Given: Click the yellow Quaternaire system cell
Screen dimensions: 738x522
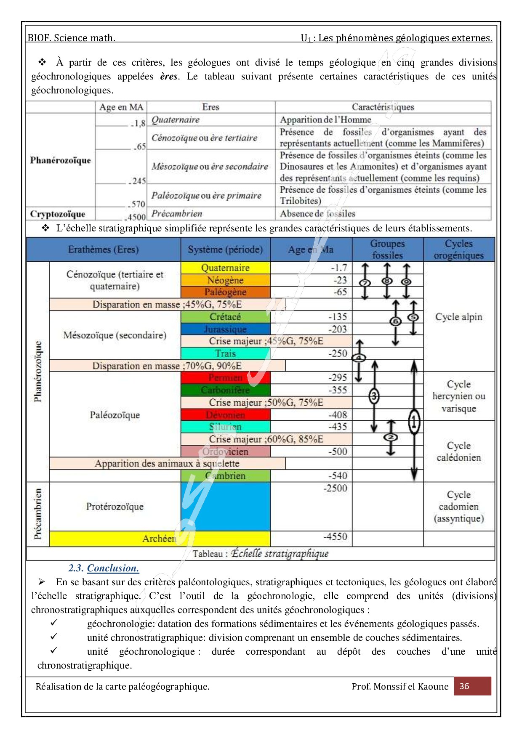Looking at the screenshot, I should tap(225, 268).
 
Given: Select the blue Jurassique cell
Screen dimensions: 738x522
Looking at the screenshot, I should tap(225, 329).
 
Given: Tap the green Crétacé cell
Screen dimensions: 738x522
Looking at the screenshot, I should tap(225, 317).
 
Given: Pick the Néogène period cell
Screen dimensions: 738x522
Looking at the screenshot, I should tap(225, 280).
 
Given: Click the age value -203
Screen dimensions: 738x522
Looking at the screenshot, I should tap(338, 329).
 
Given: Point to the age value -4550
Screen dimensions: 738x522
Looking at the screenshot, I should tap(335, 536).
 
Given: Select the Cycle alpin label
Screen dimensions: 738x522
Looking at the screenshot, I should tap(458, 317).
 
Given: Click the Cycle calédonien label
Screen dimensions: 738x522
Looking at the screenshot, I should tap(458, 451).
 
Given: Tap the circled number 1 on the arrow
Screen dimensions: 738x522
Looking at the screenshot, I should tap(414, 421).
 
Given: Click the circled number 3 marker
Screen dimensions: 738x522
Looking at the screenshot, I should tap(374, 396).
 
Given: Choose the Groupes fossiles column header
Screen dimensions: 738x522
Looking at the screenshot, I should tap(387, 250).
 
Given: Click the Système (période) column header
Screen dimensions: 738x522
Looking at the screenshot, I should tap(225, 250).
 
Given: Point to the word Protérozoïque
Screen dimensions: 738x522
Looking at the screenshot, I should tap(115, 507).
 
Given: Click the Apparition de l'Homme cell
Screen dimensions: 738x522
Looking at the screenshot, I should tap(325, 120).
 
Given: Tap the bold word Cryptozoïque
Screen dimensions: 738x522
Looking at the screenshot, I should tap(58, 214).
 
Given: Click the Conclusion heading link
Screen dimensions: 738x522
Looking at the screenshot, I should tap(113, 568).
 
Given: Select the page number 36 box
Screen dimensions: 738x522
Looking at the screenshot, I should tap(472, 686).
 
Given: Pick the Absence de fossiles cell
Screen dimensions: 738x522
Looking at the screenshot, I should tap(318, 214).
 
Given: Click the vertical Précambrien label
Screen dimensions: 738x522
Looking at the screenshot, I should tap(38, 514).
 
